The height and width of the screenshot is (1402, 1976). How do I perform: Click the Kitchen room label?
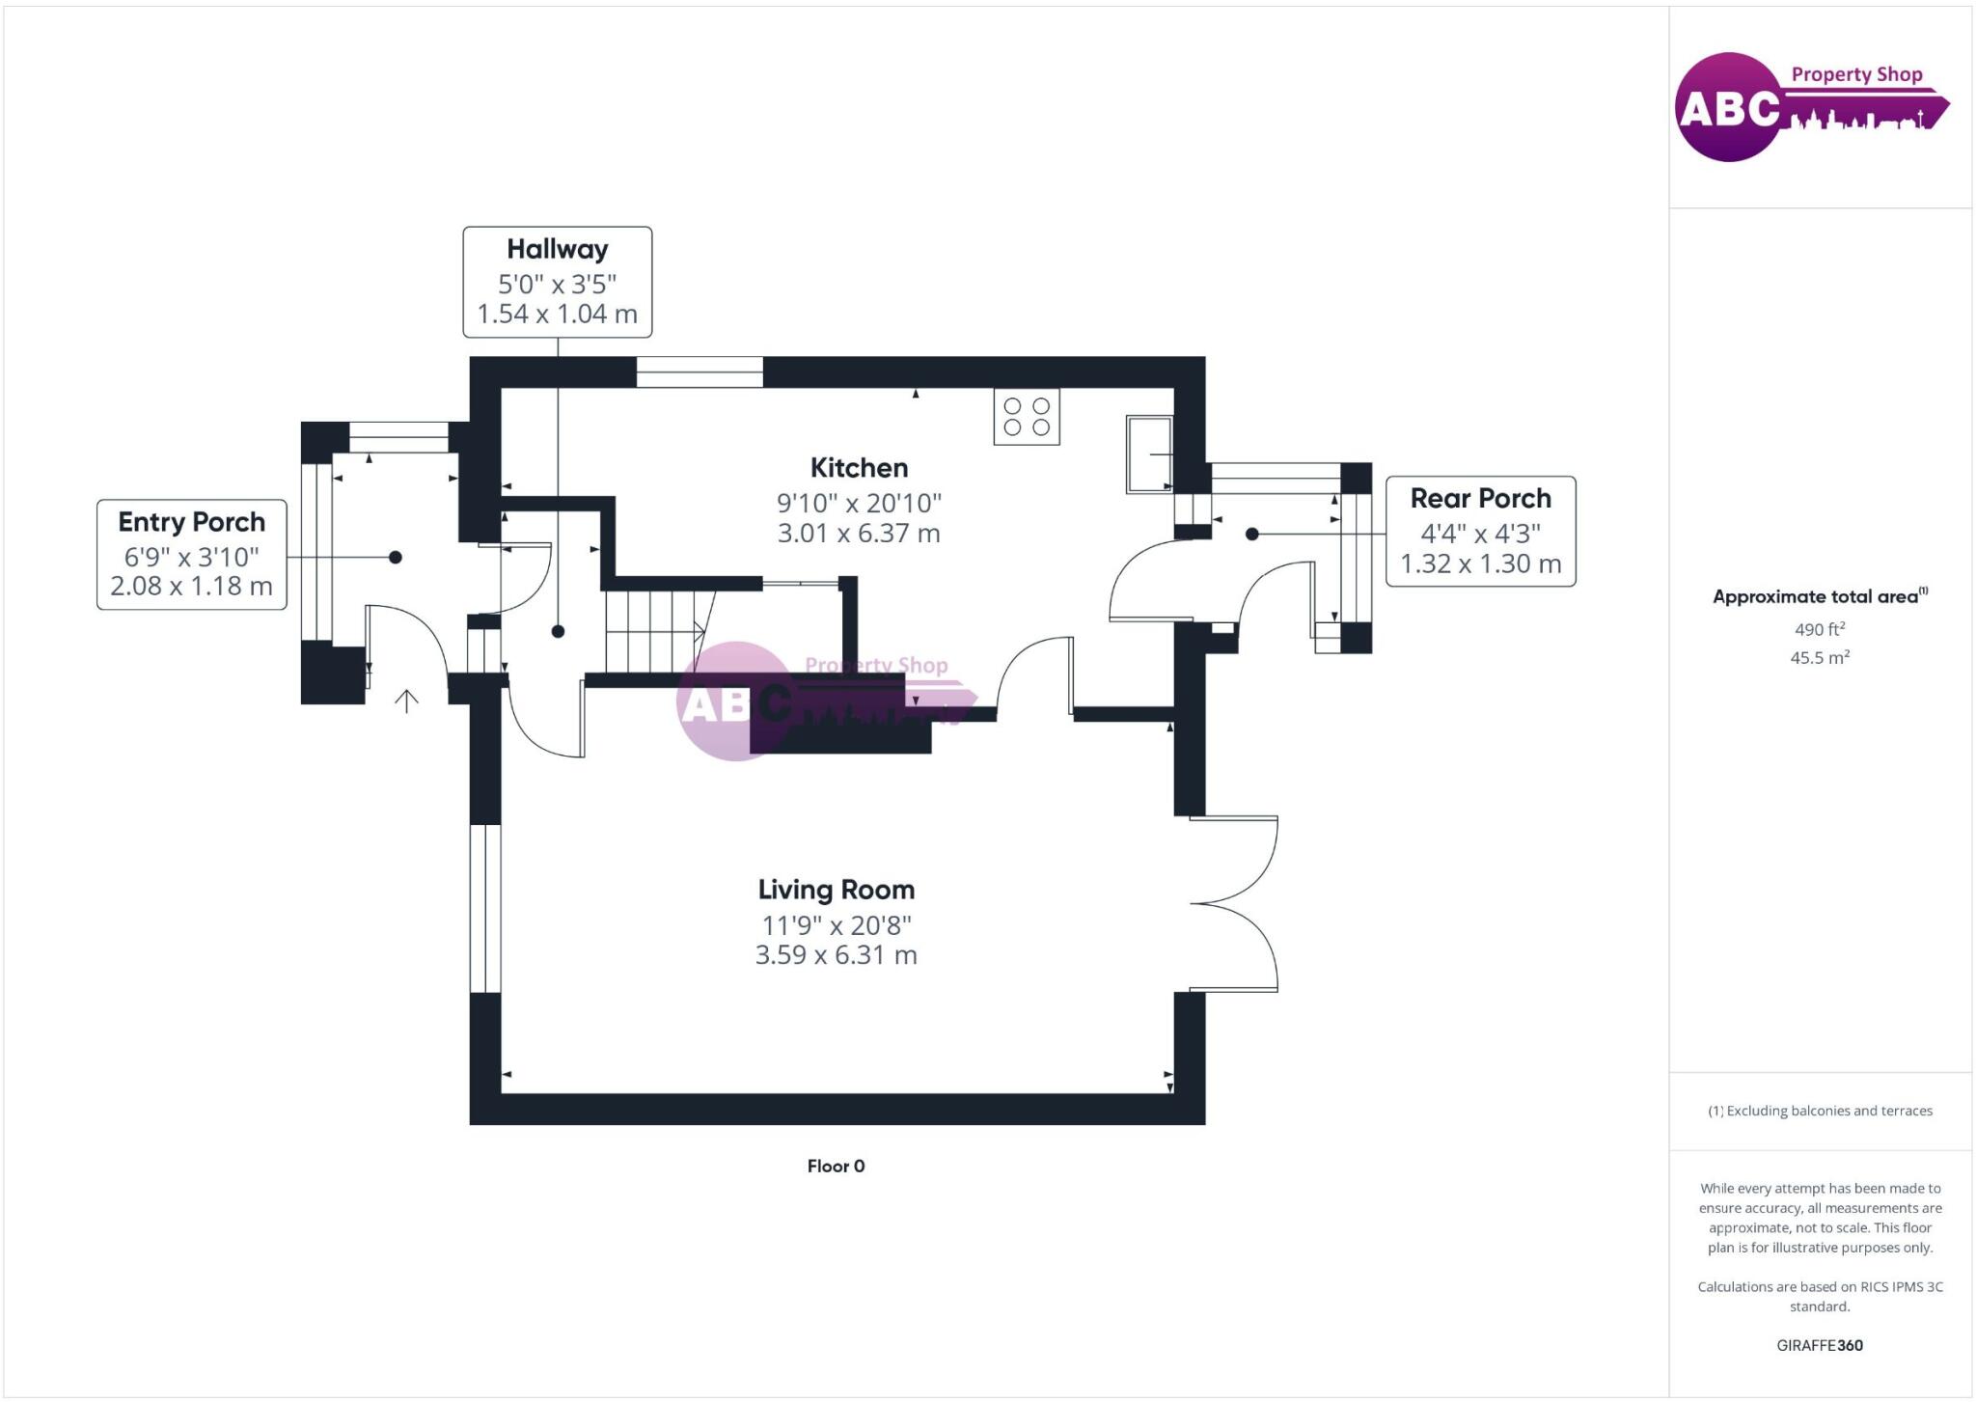(x=859, y=468)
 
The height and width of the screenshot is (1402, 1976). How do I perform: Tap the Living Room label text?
(x=836, y=890)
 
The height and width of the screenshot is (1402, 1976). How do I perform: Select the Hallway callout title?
(x=558, y=249)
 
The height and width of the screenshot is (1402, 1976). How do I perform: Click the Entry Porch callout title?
(x=191, y=522)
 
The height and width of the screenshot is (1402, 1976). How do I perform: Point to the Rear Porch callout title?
(x=1480, y=498)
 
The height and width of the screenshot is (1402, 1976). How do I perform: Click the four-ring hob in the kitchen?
(x=1027, y=417)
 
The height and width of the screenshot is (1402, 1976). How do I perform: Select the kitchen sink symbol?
(x=1149, y=454)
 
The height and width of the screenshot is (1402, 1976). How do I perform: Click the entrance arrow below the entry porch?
(x=406, y=701)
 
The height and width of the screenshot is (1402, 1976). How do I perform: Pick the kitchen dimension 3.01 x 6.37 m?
(x=859, y=533)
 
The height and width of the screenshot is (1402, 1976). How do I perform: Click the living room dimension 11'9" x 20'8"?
(x=836, y=925)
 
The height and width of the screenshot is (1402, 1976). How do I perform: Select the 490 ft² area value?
(x=1820, y=629)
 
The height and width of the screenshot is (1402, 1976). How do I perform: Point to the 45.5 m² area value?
(x=1820, y=657)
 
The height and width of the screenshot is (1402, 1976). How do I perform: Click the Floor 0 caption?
(x=836, y=1166)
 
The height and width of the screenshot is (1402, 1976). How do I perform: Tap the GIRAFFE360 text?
(x=1820, y=1345)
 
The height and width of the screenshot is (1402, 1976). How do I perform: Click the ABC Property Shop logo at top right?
(x=1812, y=107)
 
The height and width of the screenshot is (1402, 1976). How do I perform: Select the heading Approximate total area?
(x=1820, y=596)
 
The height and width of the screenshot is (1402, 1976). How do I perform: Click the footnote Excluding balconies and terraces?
(x=1820, y=1111)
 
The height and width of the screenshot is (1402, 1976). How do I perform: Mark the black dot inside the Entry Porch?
(x=395, y=557)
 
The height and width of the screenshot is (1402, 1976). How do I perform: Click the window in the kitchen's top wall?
(x=700, y=372)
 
